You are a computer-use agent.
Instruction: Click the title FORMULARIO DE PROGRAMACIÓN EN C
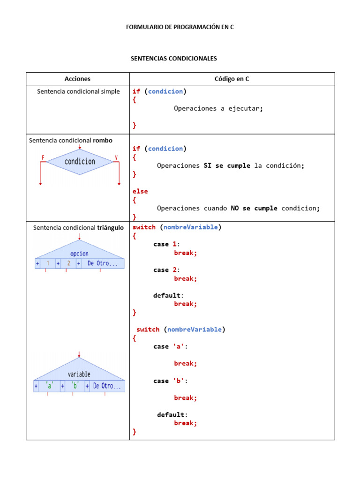180,27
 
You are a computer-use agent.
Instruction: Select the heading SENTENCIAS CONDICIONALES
173,59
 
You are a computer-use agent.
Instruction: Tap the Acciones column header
77,79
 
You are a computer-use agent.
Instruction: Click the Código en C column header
232,79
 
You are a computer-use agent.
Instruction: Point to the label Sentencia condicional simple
78,91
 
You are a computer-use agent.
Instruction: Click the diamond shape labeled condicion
80,162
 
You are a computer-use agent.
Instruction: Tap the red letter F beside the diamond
43,157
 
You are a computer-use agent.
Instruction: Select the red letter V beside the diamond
116,157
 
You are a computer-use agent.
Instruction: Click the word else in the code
140,191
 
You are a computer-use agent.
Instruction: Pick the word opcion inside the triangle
79,254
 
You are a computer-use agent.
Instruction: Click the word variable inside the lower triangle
79,374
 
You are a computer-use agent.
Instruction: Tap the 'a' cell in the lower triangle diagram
49,386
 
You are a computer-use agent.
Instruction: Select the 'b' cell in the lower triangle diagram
75,386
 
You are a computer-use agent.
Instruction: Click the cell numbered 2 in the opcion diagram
68,263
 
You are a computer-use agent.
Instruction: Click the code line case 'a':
170,347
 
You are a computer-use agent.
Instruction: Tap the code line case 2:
166,270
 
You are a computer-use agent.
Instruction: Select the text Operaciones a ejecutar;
218,109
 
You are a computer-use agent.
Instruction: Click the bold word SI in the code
208,165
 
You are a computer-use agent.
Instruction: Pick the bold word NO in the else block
235,209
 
